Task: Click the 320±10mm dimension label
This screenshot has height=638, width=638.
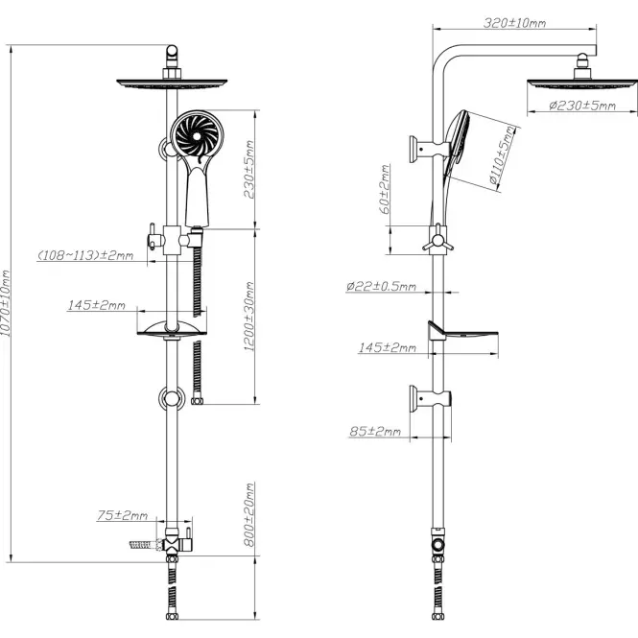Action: pos(514,23)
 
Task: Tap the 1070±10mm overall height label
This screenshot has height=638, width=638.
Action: pos(6,303)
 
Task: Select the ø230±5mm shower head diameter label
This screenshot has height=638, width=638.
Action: pos(582,106)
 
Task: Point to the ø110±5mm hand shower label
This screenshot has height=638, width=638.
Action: pos(502,155)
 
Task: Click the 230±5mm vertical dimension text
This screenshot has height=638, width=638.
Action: pos(249,169)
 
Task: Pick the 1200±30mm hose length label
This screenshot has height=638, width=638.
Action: pos(249,317)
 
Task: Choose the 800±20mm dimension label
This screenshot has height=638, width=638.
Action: pos(249,514)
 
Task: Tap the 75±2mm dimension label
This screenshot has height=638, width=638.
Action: pos(122,515)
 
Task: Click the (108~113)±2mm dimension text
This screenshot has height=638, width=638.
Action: pos(85,255)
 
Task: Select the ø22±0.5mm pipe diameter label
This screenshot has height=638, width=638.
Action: pos(381,287)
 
